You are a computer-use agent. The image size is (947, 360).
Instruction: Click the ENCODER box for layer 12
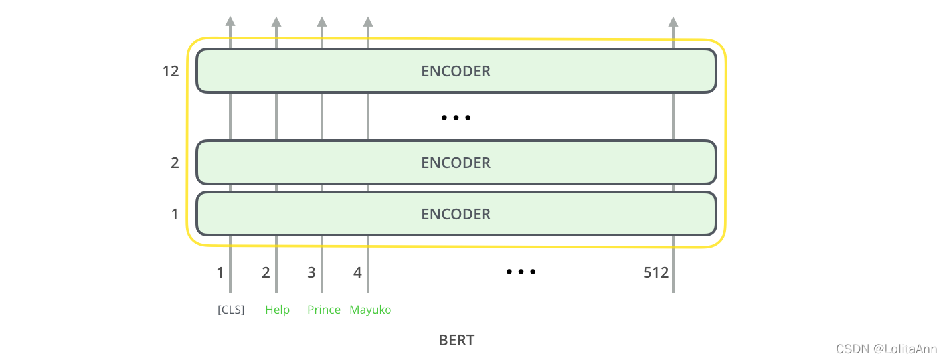tap(456, 71)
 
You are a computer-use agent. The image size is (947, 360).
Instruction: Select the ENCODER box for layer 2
tap(456, 163)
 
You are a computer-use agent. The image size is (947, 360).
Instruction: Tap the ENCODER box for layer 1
tap(456, 214)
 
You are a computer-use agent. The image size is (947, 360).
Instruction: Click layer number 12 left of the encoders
tap(171, 71)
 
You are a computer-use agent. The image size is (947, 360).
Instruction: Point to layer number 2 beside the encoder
tap(175, 163)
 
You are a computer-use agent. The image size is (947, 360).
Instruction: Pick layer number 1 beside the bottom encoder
tap(175, 214)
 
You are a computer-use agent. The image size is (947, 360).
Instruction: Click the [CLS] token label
tap(231, 310)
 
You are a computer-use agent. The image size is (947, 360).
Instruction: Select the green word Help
tap(277, 310)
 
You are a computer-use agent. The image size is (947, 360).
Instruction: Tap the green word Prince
tap(324, 310)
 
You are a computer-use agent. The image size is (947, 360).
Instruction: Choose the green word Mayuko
tap(371, 310)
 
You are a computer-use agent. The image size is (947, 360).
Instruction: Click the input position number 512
tap(656, 272)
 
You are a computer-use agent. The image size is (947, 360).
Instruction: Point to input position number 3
tap(311, 272)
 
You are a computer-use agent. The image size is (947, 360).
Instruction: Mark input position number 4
tap(357, 272)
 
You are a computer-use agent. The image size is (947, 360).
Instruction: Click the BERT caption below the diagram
tap(456, 341)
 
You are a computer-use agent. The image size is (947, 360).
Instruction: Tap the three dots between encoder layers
tap(456, 118)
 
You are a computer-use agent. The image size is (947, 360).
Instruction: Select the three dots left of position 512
tap(521, 272)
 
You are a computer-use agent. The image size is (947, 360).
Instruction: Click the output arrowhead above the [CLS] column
tap(230, 21)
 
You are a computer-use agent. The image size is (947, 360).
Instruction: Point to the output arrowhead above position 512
tap(673, 21)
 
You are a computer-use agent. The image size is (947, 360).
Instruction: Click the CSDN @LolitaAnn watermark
tap(886, 349)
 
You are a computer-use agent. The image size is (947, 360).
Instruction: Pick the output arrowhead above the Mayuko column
tap(368, 21)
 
